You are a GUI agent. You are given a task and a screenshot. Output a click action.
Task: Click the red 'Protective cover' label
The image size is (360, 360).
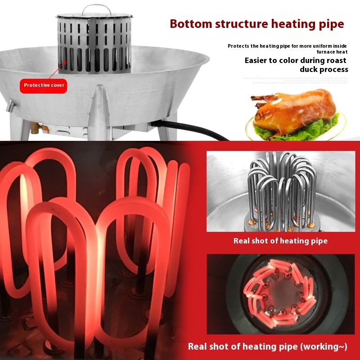[44, 85]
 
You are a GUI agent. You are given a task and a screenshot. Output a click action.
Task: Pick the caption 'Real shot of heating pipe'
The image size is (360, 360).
[280, 241]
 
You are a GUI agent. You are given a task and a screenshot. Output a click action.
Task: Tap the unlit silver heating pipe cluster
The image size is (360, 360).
[280, 189]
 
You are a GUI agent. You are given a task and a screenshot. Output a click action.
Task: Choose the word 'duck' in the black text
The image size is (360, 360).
[310, 69]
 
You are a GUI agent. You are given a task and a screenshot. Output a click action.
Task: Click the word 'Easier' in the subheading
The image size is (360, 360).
[259, 60]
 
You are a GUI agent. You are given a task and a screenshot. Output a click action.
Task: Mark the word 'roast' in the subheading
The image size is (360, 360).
[335, 60]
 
